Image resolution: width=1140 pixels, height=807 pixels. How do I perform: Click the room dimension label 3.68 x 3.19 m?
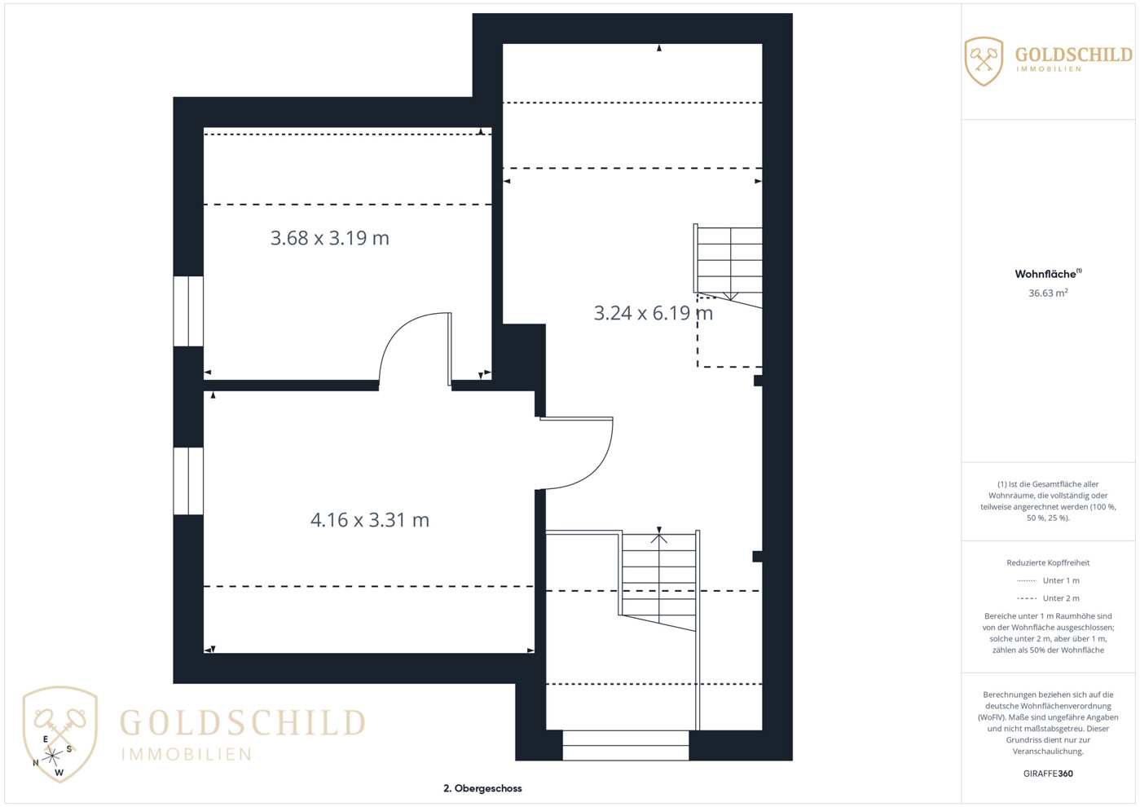click(x=330, y=238)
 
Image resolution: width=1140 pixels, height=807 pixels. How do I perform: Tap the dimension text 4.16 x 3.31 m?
click(x=370, y=520)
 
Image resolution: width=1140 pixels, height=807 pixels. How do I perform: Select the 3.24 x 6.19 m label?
click(x=654, y=313)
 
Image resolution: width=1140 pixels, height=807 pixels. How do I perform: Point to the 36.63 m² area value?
click(x=1048, y=293)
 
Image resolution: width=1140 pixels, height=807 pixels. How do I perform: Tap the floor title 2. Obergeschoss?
click(x=482, y=788)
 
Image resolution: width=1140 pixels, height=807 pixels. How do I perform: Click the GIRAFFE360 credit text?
click(x=1048, y=774)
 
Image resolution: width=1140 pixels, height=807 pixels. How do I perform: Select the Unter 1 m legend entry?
click(x=1048, y=580)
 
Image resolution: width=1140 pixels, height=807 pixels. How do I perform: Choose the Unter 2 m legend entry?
click(x=1048, y=598)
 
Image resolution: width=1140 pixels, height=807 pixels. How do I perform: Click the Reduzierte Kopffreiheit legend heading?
click(x=1048, y=562)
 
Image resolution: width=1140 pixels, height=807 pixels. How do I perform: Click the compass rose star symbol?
click(x=52, y=756)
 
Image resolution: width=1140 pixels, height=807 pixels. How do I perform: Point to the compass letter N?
click(x=36, y=763)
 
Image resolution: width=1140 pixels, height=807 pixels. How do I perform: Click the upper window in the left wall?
click(x=188, y=311)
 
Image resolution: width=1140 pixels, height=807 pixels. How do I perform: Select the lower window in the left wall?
click(x=188, y=481)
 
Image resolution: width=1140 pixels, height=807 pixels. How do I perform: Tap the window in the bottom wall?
click(x=626, y=745)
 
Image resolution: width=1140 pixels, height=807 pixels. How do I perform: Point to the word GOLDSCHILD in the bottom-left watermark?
click(x=243, y=722)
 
